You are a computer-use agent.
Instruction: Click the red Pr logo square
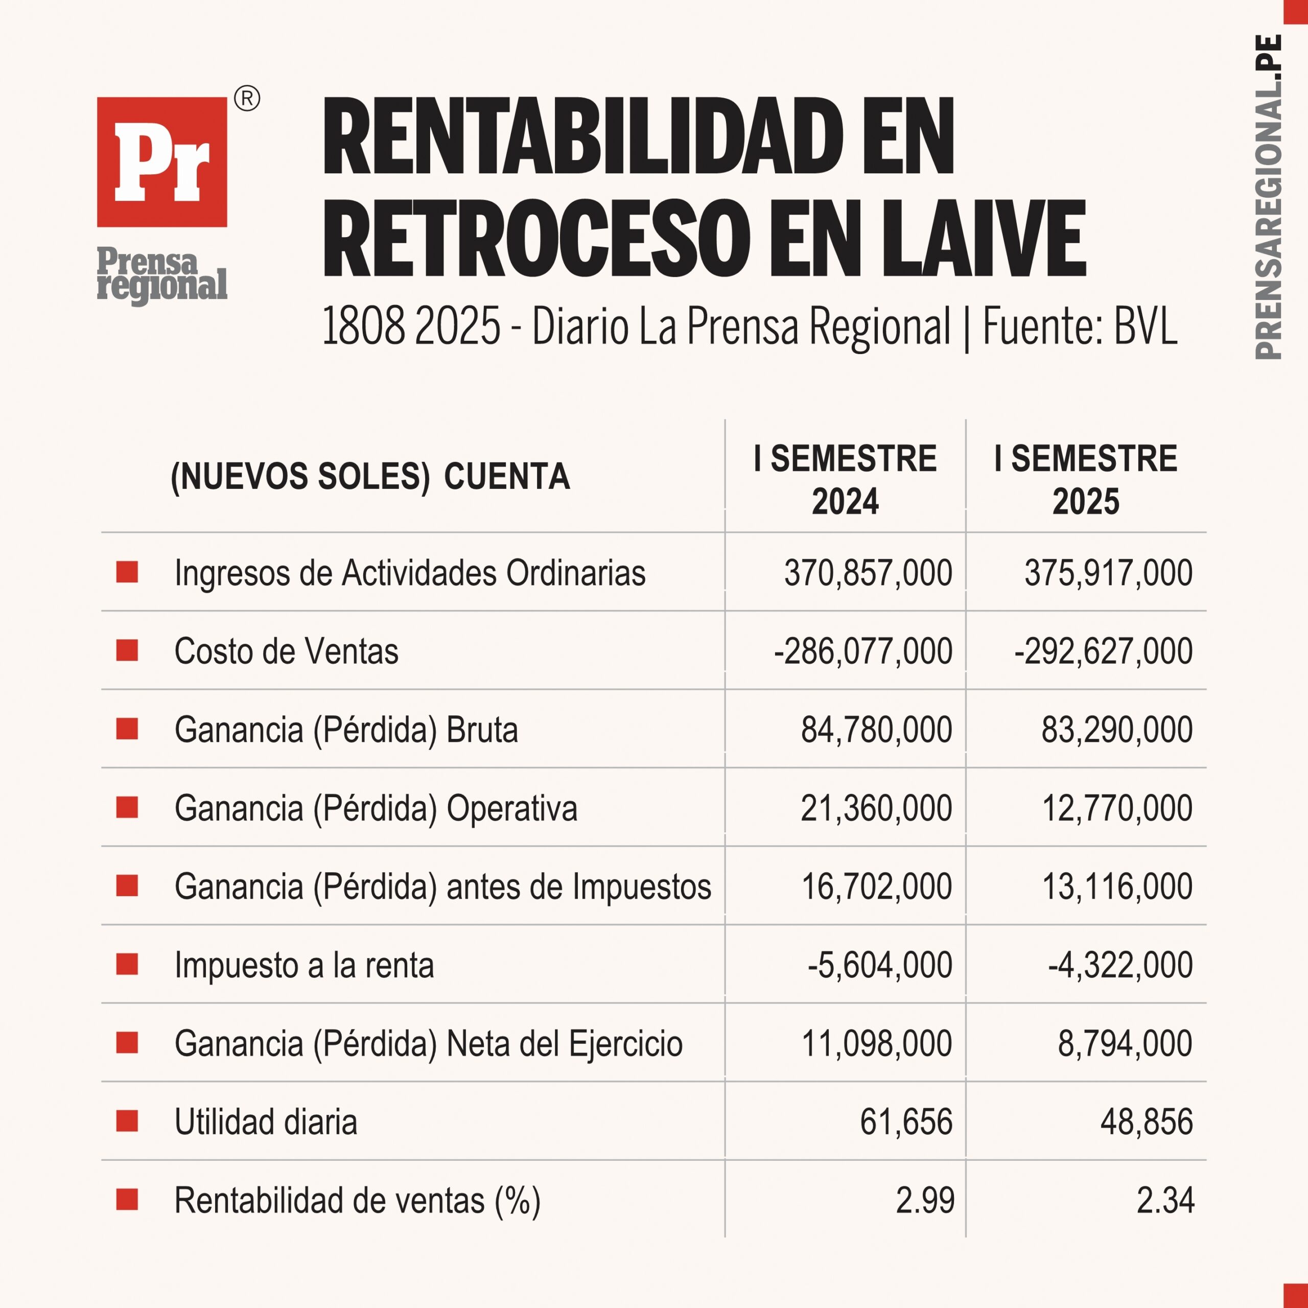click(162, 162)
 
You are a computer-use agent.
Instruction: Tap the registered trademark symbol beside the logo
click(247, 99)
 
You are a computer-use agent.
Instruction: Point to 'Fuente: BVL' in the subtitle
click(1080, 326)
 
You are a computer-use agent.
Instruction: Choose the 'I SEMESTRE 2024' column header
click(845, 480)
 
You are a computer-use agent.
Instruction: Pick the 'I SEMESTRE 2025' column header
click(1086, 480)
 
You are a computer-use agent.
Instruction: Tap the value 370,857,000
click(868, 573)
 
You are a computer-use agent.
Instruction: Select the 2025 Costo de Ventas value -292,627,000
click(1104, 651)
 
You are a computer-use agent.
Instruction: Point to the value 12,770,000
click(1117, 808)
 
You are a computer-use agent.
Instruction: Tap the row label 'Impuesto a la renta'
click(304, 965)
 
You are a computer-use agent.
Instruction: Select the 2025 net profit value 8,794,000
click(1125, 1043)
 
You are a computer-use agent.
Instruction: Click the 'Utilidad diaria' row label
click(265, 1122)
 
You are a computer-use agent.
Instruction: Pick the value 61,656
click(906, 1122)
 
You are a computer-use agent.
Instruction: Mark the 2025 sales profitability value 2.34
click(1165, 1200)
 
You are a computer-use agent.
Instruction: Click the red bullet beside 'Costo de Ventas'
click(127, 650)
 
